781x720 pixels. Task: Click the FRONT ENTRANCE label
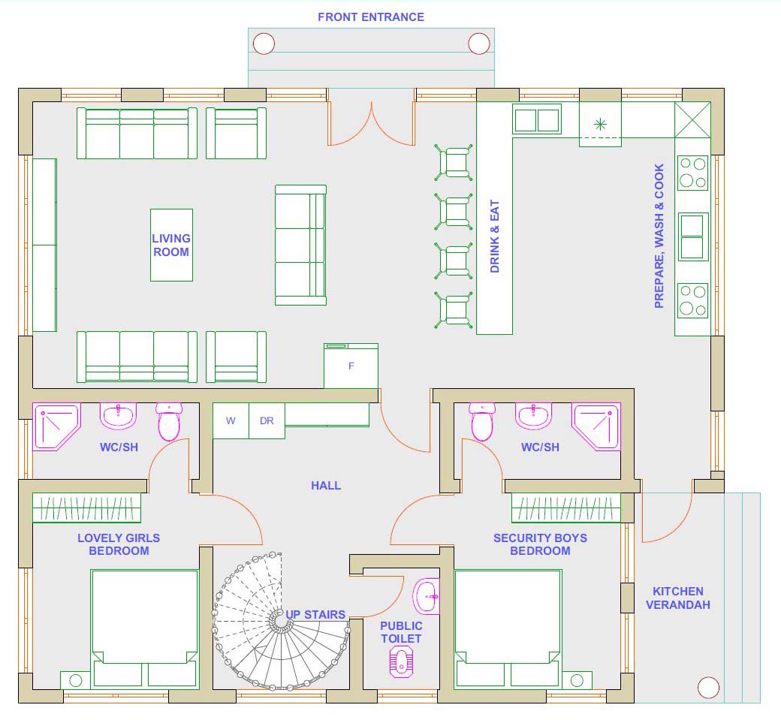[371, 17]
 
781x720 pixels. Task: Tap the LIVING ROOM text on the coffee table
[171, 245]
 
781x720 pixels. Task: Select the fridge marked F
[351, 366]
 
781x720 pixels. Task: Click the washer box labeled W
[231, 420]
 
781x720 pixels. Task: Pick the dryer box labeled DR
[267, 420]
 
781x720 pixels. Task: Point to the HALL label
[326, 486]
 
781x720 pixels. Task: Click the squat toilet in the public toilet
[401, 661]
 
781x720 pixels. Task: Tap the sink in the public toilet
[427, 596]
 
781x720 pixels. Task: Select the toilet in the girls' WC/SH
[169, 422]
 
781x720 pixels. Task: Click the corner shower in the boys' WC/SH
[597, 426]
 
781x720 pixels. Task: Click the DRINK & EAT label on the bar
[495, 236]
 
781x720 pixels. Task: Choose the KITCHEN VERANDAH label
[678, 598]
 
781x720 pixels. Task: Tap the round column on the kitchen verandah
[708, 688]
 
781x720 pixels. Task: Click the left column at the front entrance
[264, 44]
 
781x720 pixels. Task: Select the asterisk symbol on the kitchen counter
[601, 124]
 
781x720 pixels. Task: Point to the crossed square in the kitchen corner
[693, 119]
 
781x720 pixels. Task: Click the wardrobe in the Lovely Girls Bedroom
[86, 508]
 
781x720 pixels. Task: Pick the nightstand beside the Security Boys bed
[577, 680]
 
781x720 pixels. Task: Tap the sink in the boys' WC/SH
[533, 416]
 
